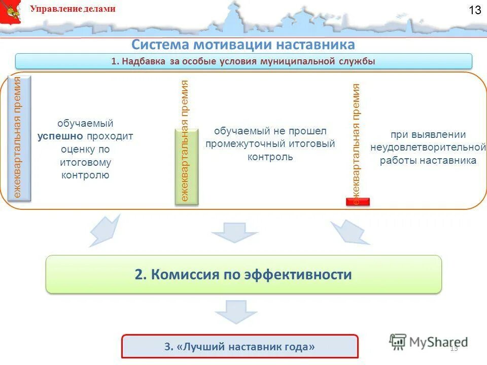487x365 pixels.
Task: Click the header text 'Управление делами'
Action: coord(73,9)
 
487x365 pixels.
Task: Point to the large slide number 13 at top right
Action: coord(474,11)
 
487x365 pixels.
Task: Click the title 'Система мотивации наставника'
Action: coord(243,45)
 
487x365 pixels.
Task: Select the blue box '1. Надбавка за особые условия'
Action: coord(243,61)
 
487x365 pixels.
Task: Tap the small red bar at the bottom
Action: coord(358,202)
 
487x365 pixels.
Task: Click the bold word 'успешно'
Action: coord(61,136)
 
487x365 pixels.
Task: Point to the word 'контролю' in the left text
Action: coord(85,175)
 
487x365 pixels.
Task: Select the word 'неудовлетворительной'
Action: coord(428,148)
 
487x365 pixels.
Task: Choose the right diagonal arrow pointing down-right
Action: coord(351,232)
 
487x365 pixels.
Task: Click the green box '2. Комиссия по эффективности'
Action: coord(243,274)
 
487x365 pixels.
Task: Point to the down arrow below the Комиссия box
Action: coord(235,311)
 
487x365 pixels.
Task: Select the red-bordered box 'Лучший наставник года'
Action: coord(239,347)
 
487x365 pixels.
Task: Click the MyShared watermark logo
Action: coord(428,342)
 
